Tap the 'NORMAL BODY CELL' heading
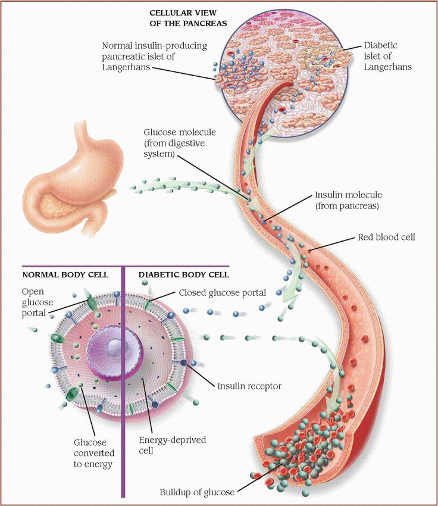coord(65,275)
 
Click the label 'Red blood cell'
coord(386,238)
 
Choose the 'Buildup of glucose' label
coord(197,492)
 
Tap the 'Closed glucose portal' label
coord(222,293)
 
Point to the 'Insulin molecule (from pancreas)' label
coord(348,201)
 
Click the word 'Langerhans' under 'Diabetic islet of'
coord(390,67)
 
